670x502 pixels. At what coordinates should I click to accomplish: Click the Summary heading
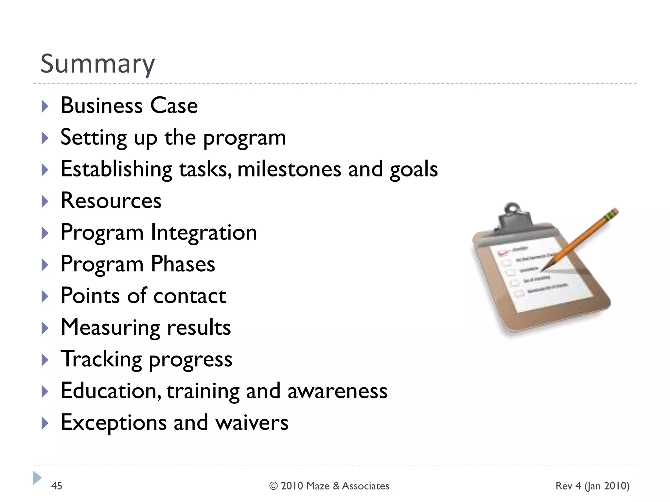click(x=97, y=64)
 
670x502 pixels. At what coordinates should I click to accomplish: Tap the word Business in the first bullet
click(x=102, y=106)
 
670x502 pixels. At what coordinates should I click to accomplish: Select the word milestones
click(x=289, y=170)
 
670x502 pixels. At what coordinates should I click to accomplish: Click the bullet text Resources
click(x=111, y=201)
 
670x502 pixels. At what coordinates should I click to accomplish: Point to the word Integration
click(x=204, y=232)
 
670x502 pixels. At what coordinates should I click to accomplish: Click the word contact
click(x=189, y=296)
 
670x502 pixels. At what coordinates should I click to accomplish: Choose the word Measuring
click(x=110, y=328)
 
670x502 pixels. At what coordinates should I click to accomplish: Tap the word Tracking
click(x=101, y=359)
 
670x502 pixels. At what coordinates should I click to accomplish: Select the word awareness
click(x=337, y=391)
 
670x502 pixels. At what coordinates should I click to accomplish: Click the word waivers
click(x=252, y=423)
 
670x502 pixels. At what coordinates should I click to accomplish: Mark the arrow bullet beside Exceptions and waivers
click(x=45, y=423)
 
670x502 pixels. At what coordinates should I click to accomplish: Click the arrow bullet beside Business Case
click(x=45, y=107)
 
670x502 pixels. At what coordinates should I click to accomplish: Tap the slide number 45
click(x=57, y=486)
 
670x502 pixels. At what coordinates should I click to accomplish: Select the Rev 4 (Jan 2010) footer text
click(x=592, y=486)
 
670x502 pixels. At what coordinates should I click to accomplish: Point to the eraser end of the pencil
click(x=614, y=212)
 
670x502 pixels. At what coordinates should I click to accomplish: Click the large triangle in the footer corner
click(x=37, y=478)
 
